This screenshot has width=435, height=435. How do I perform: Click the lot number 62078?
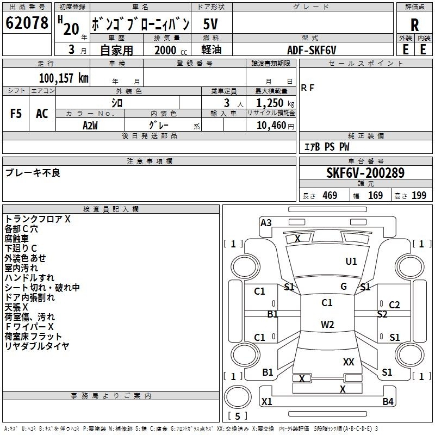tap(27, 23)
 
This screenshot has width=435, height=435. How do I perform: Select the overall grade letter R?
tap(414, 25)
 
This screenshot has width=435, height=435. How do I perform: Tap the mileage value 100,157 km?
tap(64, 78)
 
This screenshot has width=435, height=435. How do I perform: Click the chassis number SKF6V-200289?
tap(365, 172)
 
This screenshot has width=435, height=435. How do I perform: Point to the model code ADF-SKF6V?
tap(312, 50)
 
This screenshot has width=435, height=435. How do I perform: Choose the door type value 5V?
tap(210, 24)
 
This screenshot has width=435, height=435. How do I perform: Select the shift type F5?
tap(16, 114)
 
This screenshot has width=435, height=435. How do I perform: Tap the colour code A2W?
tap(90, 126)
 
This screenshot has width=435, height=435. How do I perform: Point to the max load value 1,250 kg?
tap(275, 103)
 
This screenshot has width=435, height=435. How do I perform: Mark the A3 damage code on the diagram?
tap(266, 222)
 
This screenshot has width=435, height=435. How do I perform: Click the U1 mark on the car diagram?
tap(351, 261)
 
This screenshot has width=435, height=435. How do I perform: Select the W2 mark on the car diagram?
tap(327, 324)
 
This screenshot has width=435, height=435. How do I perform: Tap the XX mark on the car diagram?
tap(349, 362)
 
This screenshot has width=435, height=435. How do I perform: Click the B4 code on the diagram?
tap(388, 401)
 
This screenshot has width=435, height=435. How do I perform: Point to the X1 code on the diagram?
tap(267, 401)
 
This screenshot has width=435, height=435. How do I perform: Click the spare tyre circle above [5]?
tap(238, 396)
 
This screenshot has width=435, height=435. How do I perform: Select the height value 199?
tap(419, 195)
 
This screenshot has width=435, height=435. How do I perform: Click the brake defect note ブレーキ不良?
tap(33, 172)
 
